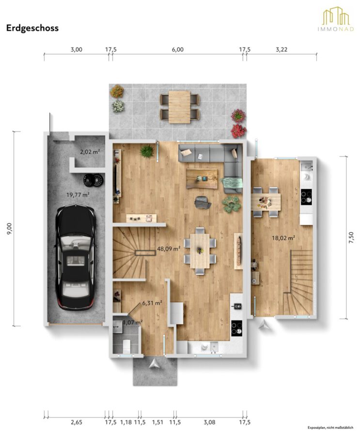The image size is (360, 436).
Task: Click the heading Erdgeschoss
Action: pyautogui.click(x=32, y=28)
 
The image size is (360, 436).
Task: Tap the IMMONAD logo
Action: pyautogui.click(x=336, y=18)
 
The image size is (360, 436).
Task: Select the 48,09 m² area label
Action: pyautogui.click(x=169, y=249)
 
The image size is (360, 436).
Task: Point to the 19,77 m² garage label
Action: pyautogui.click(x=78, y=195)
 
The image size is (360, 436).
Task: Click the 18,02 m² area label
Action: pyautogui.click(x=283, y=238)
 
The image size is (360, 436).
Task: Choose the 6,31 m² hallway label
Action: pyautogui.click(x=152, y=303)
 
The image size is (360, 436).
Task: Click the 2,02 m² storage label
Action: pyautogui.click(x=90, y=152)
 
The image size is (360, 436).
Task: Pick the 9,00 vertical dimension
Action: pyautogui.click(x=10, y=228)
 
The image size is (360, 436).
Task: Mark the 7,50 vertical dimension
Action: pyautogui.click(x=351, y=238)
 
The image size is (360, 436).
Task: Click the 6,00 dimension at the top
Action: pyautogui.click(x=178, y=49)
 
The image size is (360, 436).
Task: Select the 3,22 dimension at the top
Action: pyautogui.click(x=282, y=49)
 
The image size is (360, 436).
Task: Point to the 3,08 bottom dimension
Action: pyautogui.click(x=209, y=422)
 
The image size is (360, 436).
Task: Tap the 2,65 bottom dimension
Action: pyautogui.click(x=76, y=422)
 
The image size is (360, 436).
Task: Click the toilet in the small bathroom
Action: pyautogui.click(x=126, y=345)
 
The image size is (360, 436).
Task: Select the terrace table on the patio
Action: pyautogui.click(x=179, y=107)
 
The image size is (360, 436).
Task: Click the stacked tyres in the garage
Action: pyautogui.click(x=94, y=180)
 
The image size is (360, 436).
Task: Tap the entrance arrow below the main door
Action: pyautogui.click(x=154, y=363)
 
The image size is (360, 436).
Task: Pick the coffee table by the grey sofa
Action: pyautogui.click(x=202, y=178)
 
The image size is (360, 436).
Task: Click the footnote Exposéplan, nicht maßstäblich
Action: pyautogui.click(x=330, y=428)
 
